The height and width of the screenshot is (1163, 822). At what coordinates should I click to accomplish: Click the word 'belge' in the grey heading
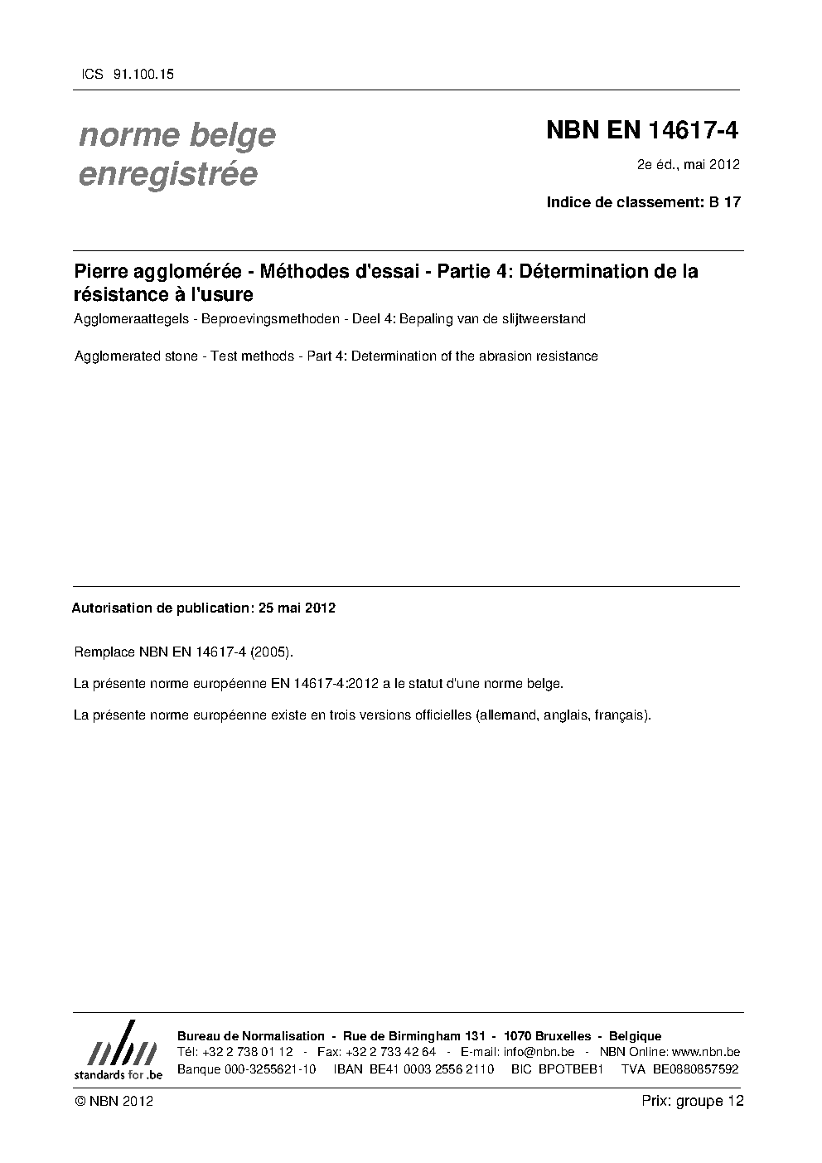click(x=235, y=134)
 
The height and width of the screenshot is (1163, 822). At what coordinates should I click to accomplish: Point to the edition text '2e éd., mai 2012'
click(x=688, y=164)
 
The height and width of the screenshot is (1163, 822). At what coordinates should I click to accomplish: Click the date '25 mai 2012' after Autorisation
click(x=297, y=608)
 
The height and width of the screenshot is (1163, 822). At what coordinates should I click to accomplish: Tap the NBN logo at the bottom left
click(x=118, y=1051)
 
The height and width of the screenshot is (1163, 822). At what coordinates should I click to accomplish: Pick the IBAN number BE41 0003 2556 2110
click(x=413, y=1069)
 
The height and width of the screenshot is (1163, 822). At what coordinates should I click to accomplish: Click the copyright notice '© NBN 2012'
click(x=114, y=1102)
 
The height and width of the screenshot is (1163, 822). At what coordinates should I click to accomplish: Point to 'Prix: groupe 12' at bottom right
click(x=693, y=1101)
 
